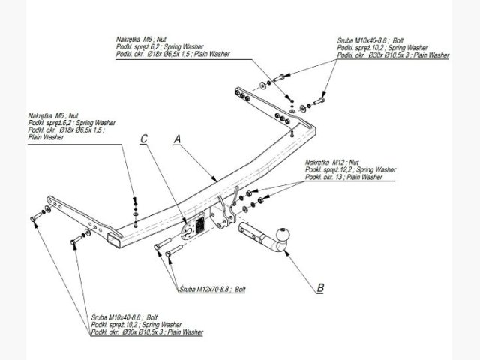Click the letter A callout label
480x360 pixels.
click(x=178, y=139)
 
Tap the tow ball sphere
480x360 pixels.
click(x=285, y=235)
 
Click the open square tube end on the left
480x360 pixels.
click(x=113, y=239)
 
